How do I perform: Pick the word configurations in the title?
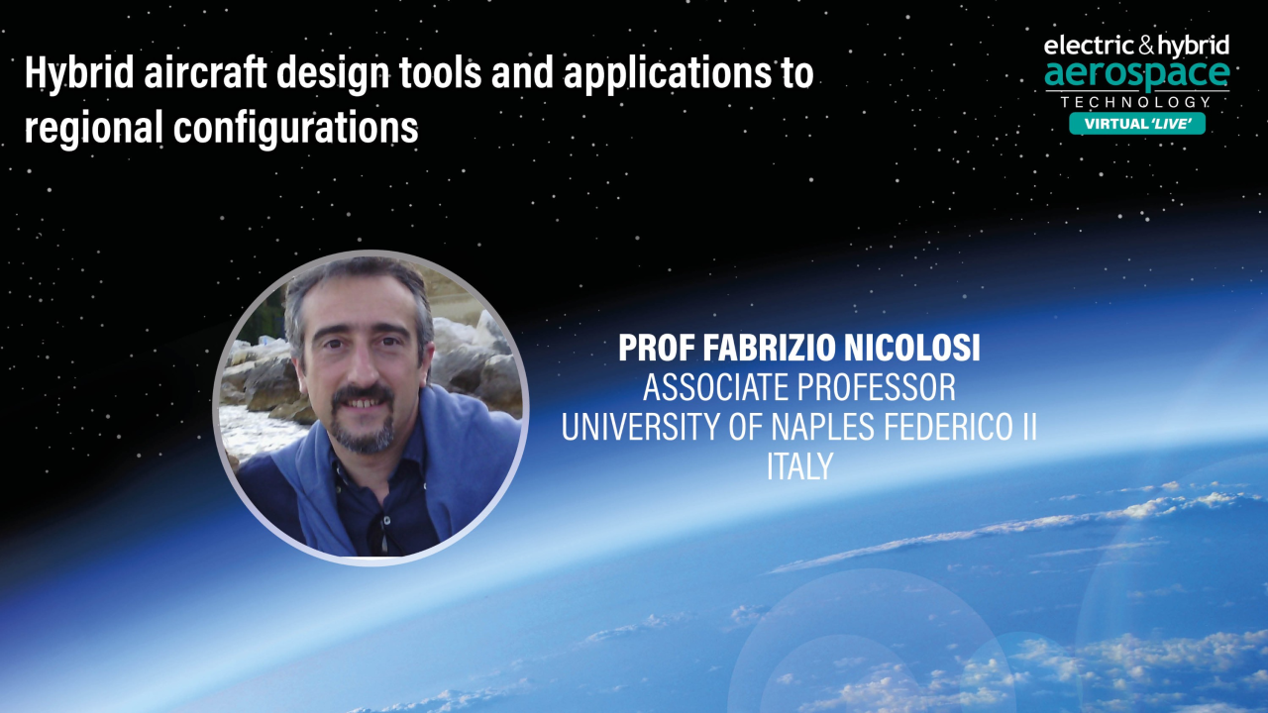[295, 130]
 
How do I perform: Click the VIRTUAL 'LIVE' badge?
[1137, 124]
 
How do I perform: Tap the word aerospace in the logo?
[1137, 73]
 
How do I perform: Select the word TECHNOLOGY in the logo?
[1136, 102]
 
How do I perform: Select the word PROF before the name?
[654, 348]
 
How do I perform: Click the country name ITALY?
[798, 466]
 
